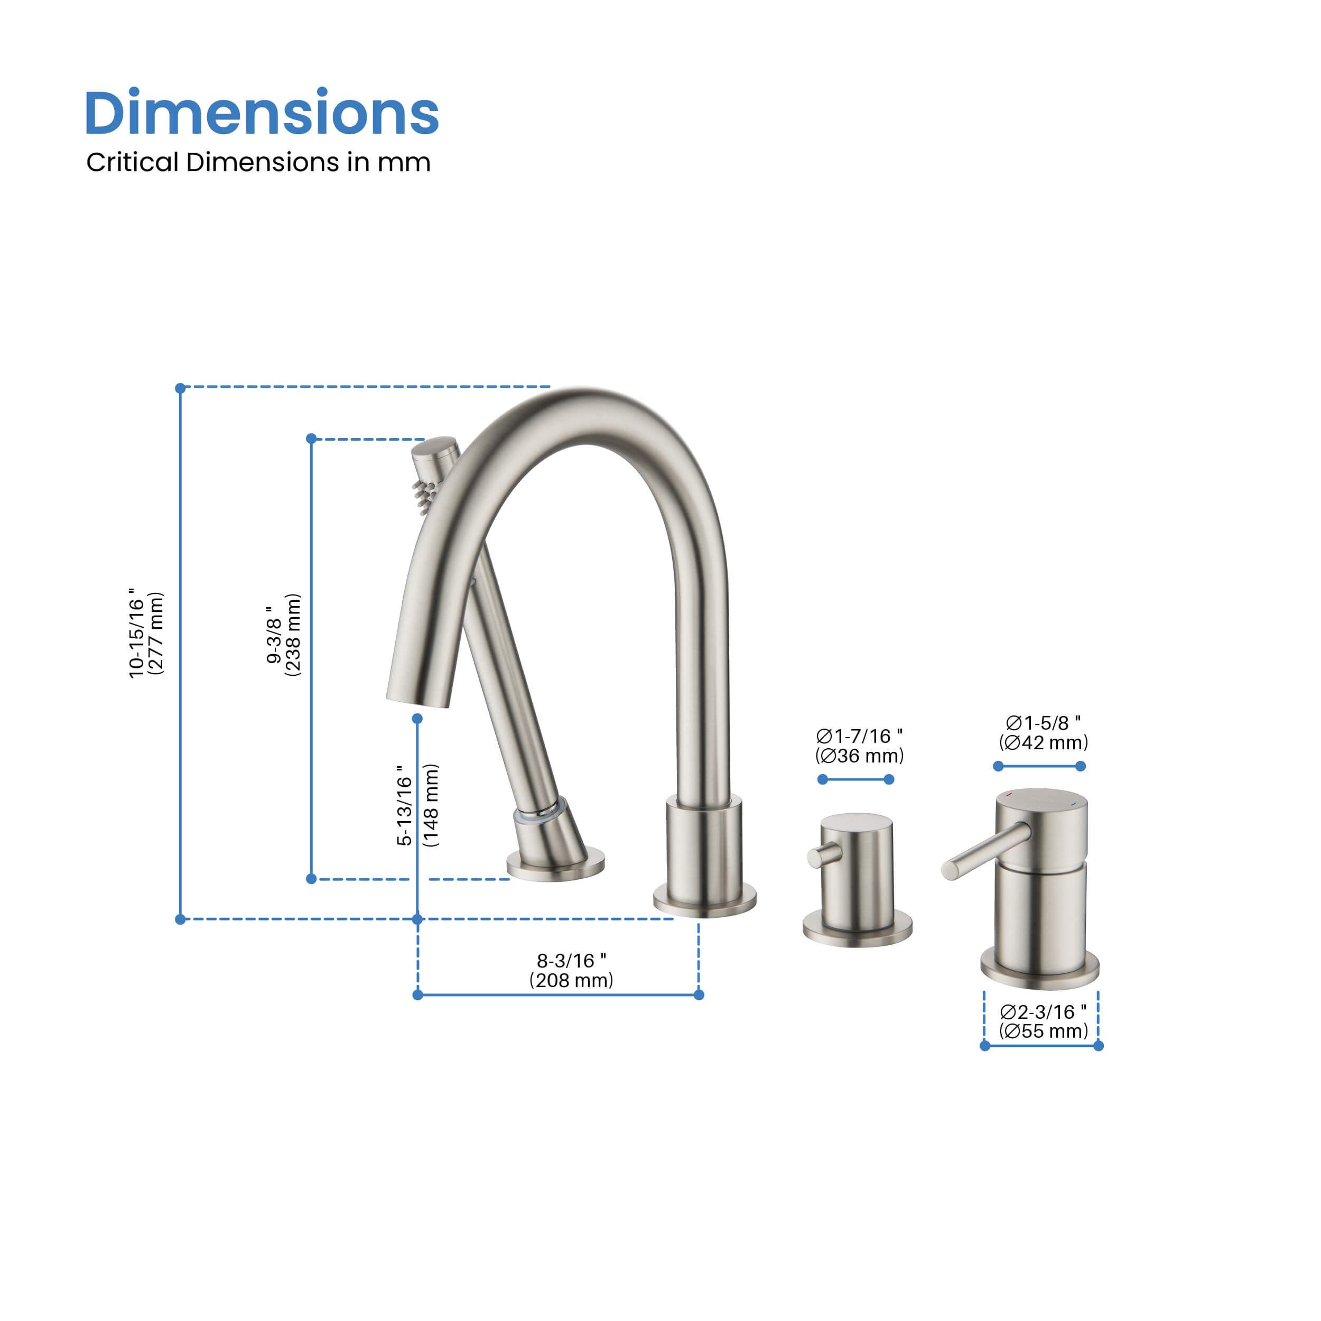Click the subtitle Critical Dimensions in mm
[258, 163]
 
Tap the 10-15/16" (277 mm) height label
[146, 633]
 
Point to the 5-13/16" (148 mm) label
[417, 805]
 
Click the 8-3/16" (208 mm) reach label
[571, 971]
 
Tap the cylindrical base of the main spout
[704, 854]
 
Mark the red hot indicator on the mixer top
[1009, 795]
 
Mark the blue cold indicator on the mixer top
[1073, 805]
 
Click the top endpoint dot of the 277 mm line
[181, 388]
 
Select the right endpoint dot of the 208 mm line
[699, 995]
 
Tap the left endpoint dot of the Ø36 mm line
[823, 779]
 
